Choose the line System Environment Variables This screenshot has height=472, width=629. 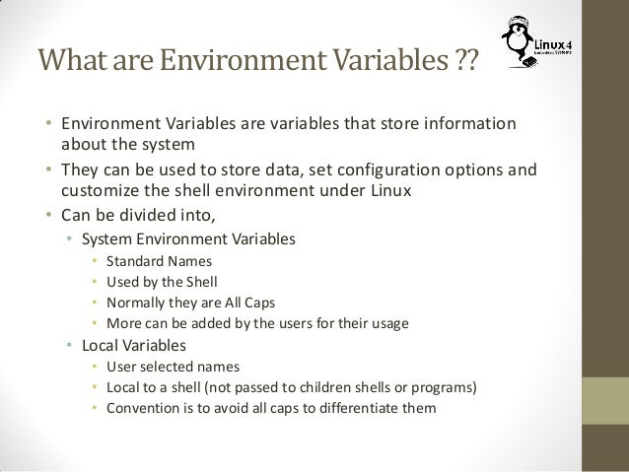[x=187, y=238]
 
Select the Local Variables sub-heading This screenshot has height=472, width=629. [x=138, y=346]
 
